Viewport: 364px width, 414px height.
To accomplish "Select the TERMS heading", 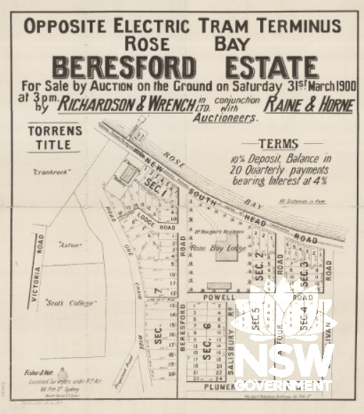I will pyautogui.click(x=277, y=143).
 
